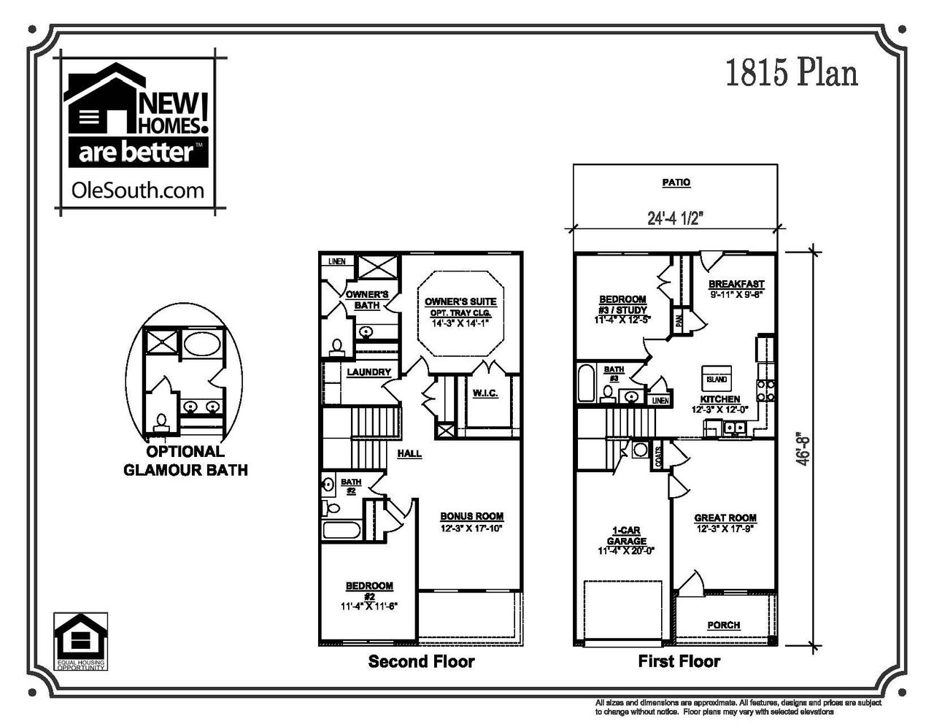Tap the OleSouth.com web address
pos(137,191)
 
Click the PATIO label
pos(676,182)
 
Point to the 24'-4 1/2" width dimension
pos(676,218)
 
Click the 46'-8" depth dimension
pos(806,447)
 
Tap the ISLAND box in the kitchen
pos(716,380)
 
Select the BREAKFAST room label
pos(736,284)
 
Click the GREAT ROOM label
pos(725,518)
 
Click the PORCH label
pos(723,625)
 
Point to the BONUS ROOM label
pos(471,516)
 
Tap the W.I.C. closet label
pos(485,393)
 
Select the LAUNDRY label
pos(368,372)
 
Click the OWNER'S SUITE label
pos(460,301)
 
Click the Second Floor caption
pos(421,662)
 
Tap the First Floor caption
pos(679,662)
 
